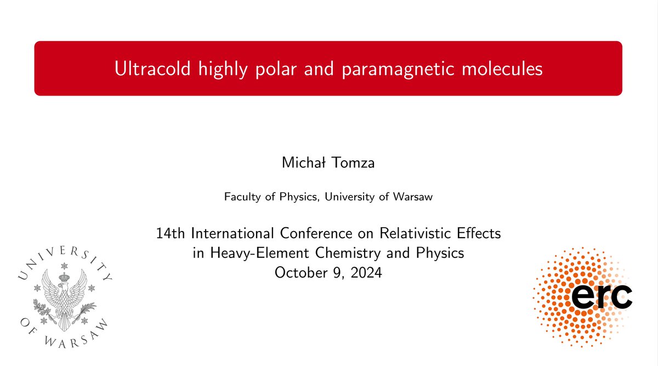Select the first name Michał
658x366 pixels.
303,163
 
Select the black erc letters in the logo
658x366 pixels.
602,296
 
